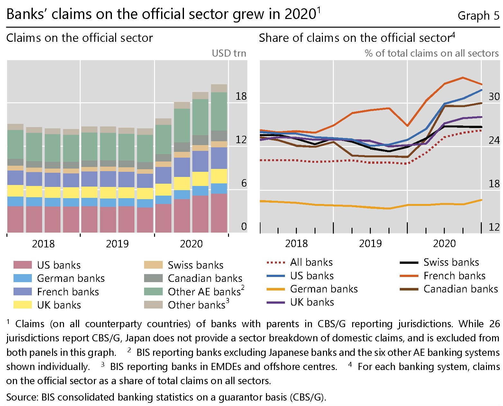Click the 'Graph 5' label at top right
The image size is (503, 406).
point(478,15)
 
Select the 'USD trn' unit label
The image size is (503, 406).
point(229,53)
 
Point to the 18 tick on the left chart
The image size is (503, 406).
point(241,96)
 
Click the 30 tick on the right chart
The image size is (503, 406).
point(494,97)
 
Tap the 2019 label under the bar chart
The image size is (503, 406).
point(117,244)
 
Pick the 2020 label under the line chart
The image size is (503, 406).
point(444,244)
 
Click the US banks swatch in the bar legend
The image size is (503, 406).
point(23,265)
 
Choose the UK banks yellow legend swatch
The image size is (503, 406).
point(23,305)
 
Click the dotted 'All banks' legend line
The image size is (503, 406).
point(276,263)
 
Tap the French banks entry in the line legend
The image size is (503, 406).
point(454,276)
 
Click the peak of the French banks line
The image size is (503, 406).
point(462,78)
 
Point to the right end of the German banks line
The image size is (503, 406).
point(481,200)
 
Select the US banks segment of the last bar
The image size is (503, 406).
point(219,213)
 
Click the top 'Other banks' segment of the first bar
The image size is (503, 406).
point(15,127)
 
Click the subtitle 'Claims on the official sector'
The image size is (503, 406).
point(79,38)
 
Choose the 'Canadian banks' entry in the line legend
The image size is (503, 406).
point(460,289)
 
